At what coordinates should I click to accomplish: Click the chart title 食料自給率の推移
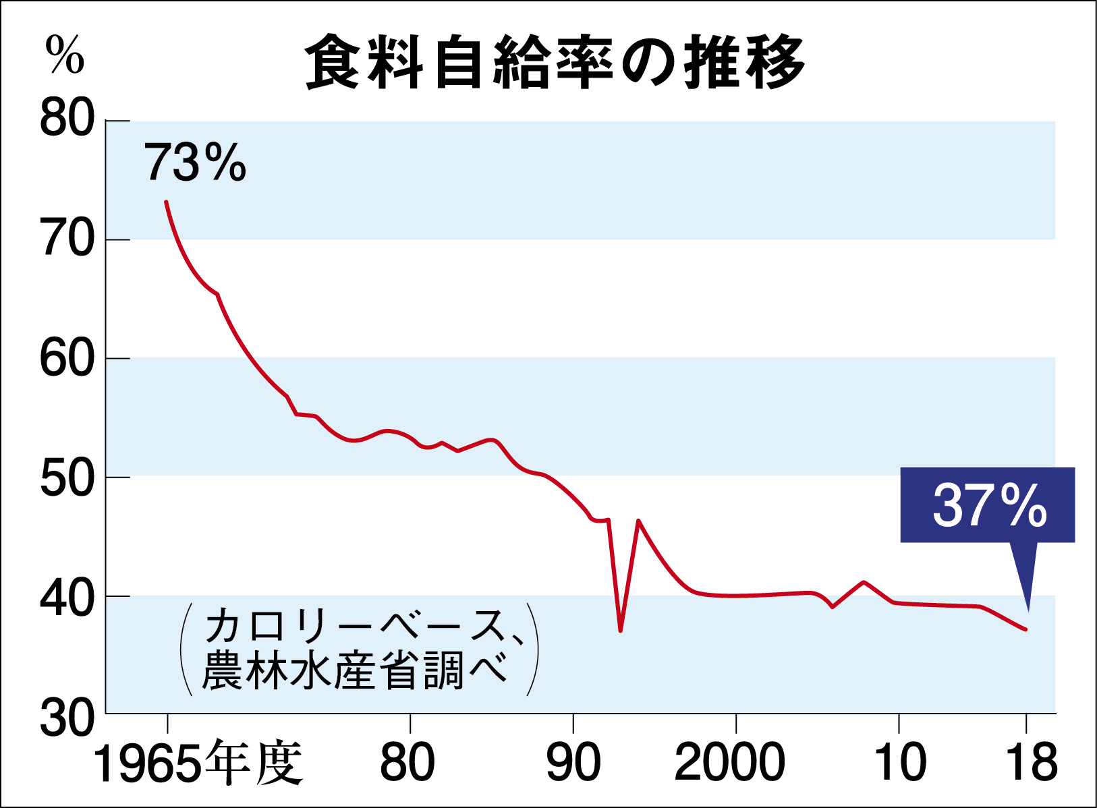(555, 62)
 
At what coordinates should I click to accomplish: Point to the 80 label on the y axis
(67, 120)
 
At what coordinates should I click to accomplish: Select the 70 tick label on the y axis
(67, 239)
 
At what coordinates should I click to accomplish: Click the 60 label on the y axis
(67, 359)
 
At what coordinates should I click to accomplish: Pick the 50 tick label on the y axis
(67, 478)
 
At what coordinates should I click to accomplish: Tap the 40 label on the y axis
(67, 598)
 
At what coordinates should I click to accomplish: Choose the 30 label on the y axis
(67, 718)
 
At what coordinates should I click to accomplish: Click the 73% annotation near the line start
(195, 163)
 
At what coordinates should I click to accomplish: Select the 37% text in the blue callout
(989, 506)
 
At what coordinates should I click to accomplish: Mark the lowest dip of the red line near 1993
(620, 631)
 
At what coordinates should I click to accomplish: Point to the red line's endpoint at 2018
(1025, 629)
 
